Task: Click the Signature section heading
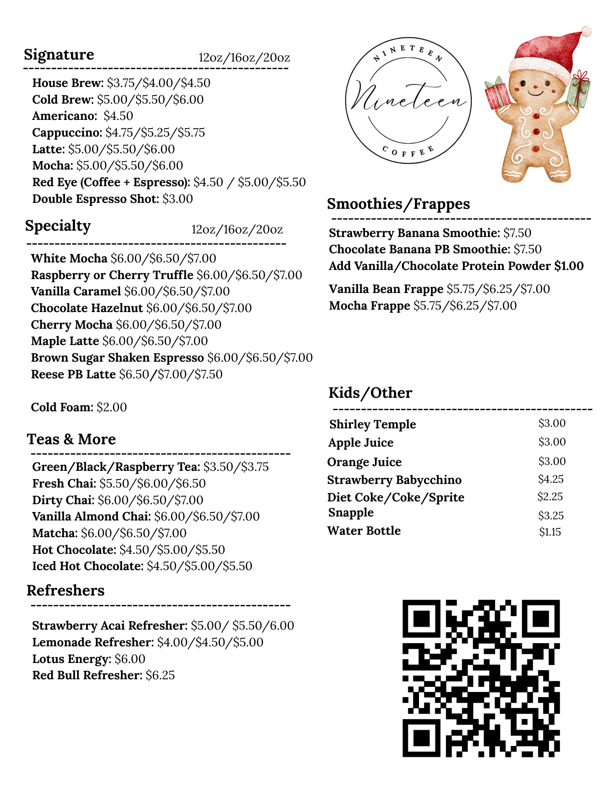tap(59, 54)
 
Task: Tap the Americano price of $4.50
tap(118, 116)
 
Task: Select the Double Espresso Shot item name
tap(95, 198)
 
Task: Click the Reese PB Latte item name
tap(73, 374)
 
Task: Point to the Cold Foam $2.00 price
tap(112, 407)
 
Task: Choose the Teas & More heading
tap(71, 439)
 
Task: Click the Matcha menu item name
tap(55, 533)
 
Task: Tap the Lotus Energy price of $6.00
tap(130, 659)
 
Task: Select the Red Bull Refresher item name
tap(87, 675)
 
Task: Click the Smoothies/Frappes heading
tap(398, 204)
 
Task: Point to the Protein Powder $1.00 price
tap(569, 266)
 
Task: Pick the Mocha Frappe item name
tap(369, 306)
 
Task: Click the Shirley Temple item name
tap(373, 424)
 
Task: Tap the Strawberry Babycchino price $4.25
tap(551, 479)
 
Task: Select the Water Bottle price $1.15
tap(550, 532)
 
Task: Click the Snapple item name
tap(351, 513)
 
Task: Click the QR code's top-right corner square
tap(540, 619)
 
